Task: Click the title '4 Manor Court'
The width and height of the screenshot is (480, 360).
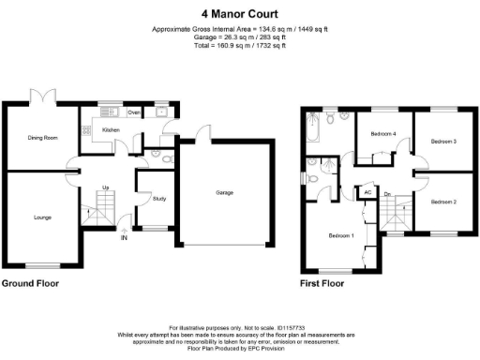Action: point(239,14)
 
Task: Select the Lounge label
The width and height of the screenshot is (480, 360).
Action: point(40,217)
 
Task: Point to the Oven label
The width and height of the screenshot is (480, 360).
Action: point(134,113)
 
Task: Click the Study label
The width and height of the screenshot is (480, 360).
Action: point(146,198)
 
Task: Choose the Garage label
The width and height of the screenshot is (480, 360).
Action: point(224,192)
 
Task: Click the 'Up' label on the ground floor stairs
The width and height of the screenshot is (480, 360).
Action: point(106,187)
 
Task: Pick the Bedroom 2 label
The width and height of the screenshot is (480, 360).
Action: point(442,202)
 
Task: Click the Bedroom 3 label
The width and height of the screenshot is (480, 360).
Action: point(442,141)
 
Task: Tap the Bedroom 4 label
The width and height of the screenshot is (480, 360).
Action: point(382,134)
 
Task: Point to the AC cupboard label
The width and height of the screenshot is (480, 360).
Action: point(367,193)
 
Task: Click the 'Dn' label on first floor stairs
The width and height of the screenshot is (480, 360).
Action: point(387,195)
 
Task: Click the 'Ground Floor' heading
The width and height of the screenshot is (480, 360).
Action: point(32,282)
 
